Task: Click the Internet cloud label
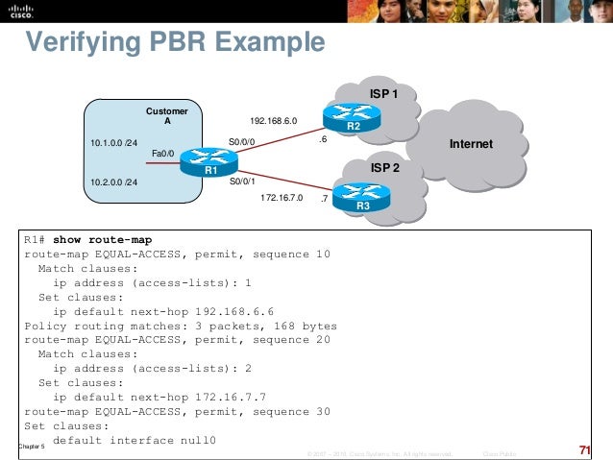click(471, 144)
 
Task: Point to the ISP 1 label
click(384, 93)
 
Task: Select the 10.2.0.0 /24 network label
click(113, 182)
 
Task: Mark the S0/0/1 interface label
click(243, 179)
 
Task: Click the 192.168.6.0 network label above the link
click(274, 122)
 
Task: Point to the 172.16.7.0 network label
click(282, 198)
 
